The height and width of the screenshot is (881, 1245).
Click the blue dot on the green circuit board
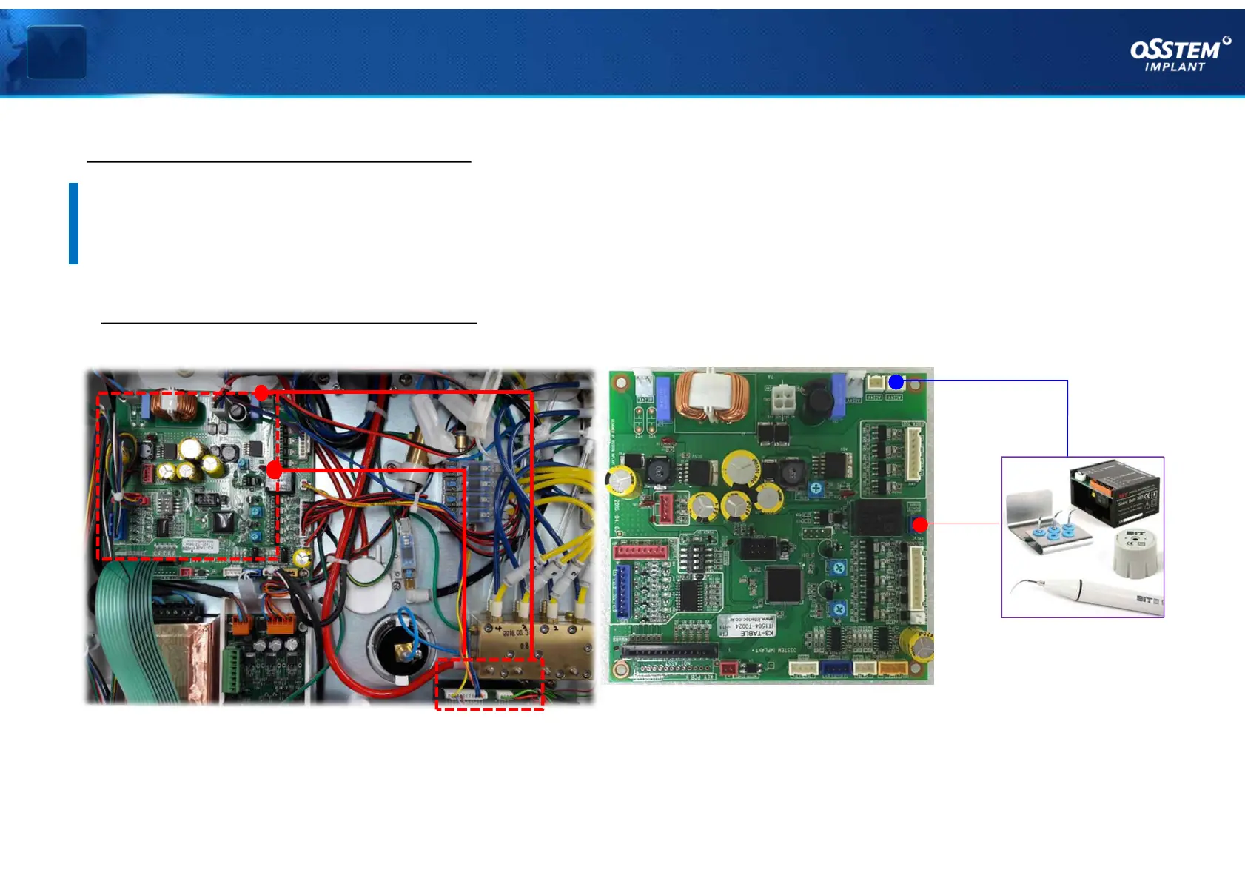[896, 382]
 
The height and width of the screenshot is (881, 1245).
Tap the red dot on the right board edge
[920, 524]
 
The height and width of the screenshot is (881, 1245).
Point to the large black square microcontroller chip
[783, 584]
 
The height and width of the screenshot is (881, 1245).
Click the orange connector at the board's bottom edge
[892, 668]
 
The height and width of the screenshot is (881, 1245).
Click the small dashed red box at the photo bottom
[489, 684]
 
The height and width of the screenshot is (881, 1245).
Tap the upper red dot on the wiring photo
[261, 392]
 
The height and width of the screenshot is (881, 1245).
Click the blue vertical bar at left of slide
[73, 223]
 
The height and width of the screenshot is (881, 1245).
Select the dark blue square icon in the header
[56, 52]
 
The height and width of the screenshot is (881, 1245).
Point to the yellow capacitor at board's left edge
[622, 480]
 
